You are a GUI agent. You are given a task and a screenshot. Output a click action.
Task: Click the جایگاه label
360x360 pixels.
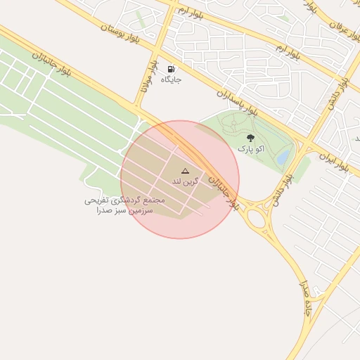tap(172, 80)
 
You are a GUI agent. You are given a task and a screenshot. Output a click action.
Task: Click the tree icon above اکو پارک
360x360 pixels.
tap(251, 139)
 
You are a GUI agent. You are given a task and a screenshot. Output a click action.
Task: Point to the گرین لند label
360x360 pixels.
tap(186, 181)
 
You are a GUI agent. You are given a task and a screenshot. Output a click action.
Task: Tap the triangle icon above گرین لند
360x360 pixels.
tap(186, 171)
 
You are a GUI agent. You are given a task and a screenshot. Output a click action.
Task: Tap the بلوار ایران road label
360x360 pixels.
tap(333, 163)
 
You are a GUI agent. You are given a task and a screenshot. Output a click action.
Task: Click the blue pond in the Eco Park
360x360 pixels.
tap(284, 159)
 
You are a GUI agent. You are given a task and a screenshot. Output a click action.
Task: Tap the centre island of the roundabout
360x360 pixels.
tap(257, 219)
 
